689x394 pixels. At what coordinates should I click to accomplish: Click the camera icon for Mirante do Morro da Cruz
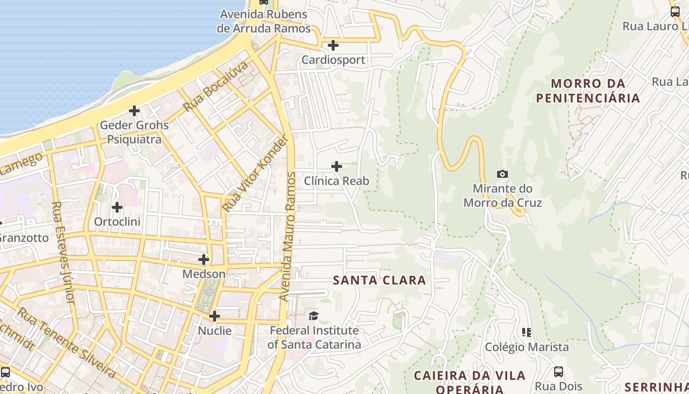pyautogui.click(x=502, y=174)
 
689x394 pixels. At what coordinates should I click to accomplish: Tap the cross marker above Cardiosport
pyautogui.click(x=333, y=45)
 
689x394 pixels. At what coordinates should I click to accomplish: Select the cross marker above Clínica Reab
pyautogui.click(x=337, y=166)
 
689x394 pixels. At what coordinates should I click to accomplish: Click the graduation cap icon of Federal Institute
pyautogui.click(x=314, y=315)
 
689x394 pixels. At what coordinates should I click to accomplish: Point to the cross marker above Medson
pyautogui.click(x=204, y=259)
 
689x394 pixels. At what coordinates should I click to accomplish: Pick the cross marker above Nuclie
pyautogui.click(x=215, y=316)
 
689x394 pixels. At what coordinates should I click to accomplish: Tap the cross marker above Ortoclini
pyautogui.click(x=117, y=207)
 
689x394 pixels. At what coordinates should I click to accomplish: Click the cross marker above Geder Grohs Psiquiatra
pyautogui.click(x=134, y=111)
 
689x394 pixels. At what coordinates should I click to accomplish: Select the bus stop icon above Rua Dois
pyautogui.click(x=559, y=372)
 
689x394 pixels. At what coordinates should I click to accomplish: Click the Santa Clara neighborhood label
pyautogui.click(x=379, y=280)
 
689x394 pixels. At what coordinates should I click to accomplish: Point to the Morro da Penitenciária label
pyautogui.click(x=588, y=91)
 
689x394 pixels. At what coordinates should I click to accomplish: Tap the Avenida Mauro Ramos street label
pyautogui.click(x=289, y=236)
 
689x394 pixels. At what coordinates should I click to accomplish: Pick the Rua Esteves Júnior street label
pyautogui.click(x=63, y=252)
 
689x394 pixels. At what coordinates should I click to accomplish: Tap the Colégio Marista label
pyautogui.click(x=527, y=347)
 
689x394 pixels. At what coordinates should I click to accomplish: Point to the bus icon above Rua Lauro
pyautogui.click(x=675, y=12)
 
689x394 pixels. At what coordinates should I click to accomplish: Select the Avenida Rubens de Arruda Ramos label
pyautogui.click(x=264, y=21)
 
